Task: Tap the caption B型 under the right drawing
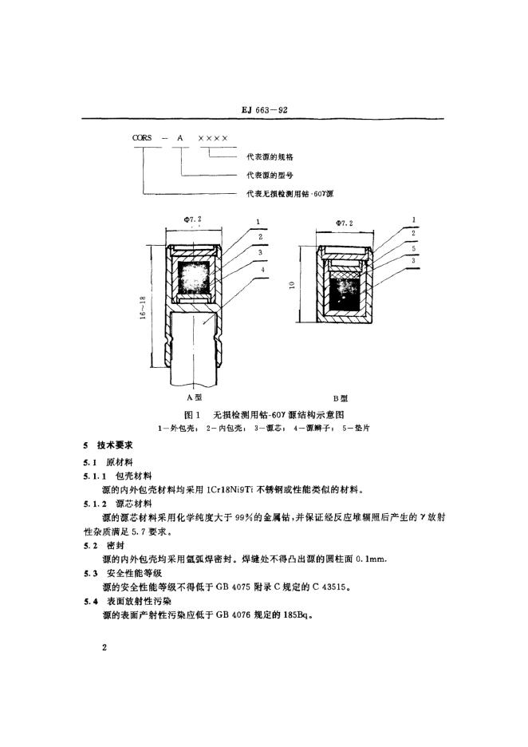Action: [x=341, y=396]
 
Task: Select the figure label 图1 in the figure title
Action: [x=191, y=414]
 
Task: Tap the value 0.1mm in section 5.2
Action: [x=373, y=557]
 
